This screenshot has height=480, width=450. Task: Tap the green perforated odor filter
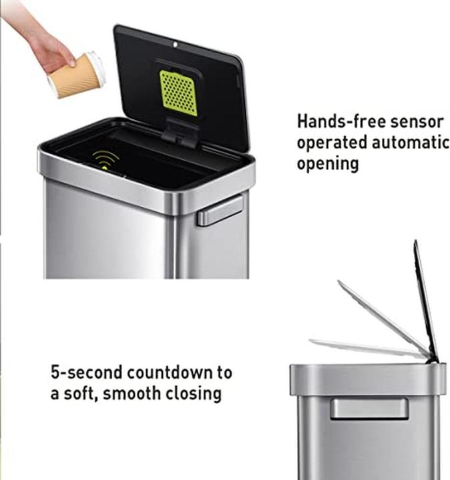(178, 93)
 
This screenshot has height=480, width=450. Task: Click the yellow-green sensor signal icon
(105, 160)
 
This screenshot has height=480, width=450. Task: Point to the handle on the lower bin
(369, 409)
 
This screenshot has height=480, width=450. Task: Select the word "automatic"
(411, 143)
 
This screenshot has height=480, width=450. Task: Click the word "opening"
(328, 165)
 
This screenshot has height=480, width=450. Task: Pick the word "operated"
(332, 143)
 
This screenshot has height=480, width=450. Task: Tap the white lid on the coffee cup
(97, 69)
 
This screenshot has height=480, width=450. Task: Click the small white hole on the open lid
(176, 45)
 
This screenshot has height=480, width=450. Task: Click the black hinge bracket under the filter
(180, 131)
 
